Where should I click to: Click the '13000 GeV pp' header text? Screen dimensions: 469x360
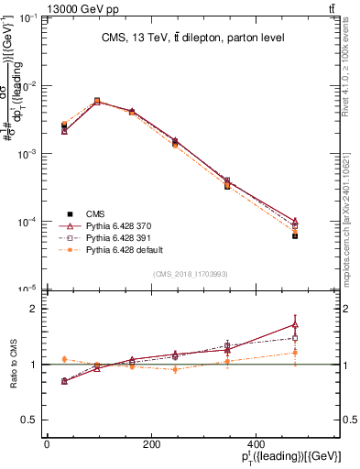point(43,7)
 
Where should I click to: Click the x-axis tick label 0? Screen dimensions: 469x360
point(47,445)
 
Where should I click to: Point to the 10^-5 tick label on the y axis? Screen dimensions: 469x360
point(27,289)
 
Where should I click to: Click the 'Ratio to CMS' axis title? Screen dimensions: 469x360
point(14,365)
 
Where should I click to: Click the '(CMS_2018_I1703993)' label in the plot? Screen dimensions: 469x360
point(191,274)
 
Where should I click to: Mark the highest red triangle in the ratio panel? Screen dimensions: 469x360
point(295,324)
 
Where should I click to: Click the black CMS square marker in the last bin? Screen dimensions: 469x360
point(295,235)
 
